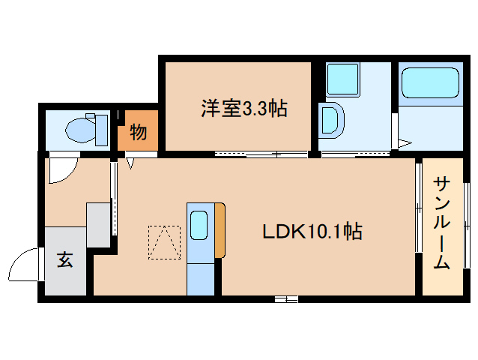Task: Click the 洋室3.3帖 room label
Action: (x=244, y=109)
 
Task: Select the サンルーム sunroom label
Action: (x=442, y=222)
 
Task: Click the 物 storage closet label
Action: (x=138, y=133)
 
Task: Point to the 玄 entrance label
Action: (x=65, y=260)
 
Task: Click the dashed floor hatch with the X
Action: (x=165, y=242)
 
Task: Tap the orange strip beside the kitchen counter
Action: (x=220, y=230)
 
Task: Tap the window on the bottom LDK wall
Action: (x=285, y=299)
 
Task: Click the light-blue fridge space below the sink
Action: (x=199, y=275)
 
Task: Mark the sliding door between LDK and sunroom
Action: (x=419, y=225)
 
